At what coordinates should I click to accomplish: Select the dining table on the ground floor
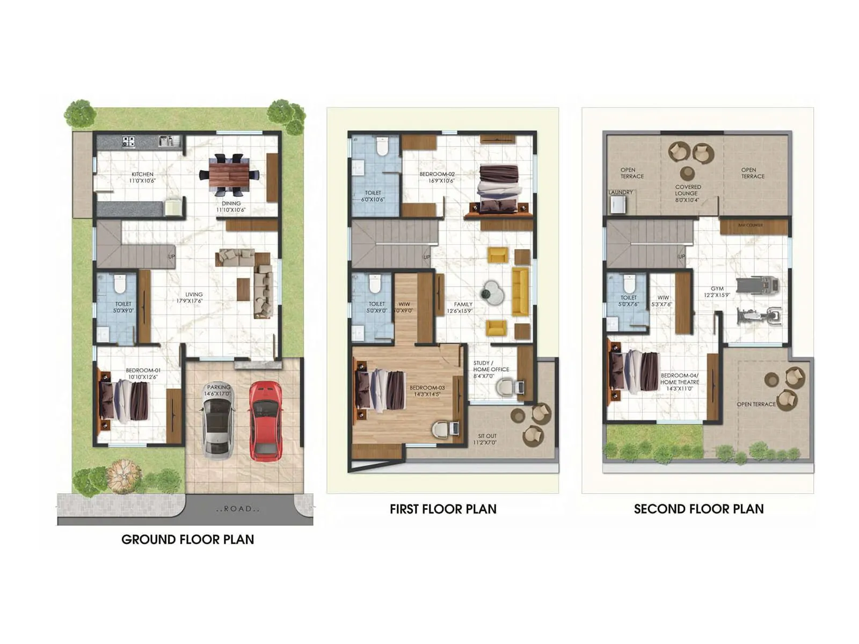230,174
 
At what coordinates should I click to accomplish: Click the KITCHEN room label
142,177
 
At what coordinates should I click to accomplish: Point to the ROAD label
238,509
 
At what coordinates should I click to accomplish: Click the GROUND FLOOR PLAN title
187,539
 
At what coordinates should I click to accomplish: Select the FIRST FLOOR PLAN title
443,509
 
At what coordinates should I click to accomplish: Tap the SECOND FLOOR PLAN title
698,509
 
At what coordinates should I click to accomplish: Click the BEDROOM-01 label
143,374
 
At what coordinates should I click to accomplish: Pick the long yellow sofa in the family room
520,292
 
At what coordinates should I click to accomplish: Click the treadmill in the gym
758,285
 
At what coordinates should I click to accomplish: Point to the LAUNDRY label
621,192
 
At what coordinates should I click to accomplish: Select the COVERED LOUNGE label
688,193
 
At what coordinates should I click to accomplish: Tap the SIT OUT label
487,439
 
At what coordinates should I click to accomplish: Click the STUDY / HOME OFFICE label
491,369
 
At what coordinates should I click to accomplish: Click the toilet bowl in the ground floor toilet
119,283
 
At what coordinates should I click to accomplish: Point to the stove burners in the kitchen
129,142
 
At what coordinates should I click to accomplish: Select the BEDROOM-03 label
427,391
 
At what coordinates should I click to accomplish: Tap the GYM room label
717,291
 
